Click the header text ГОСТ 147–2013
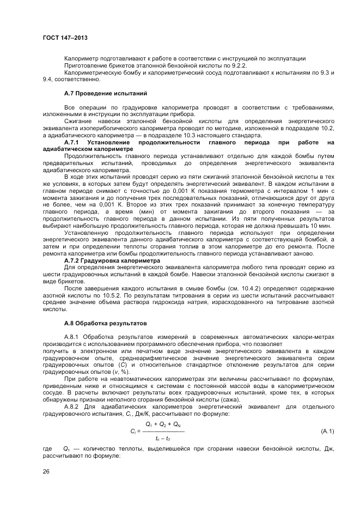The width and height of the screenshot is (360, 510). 65,38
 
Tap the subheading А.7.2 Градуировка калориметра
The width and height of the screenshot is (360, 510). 112,260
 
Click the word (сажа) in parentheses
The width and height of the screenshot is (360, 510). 235,399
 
